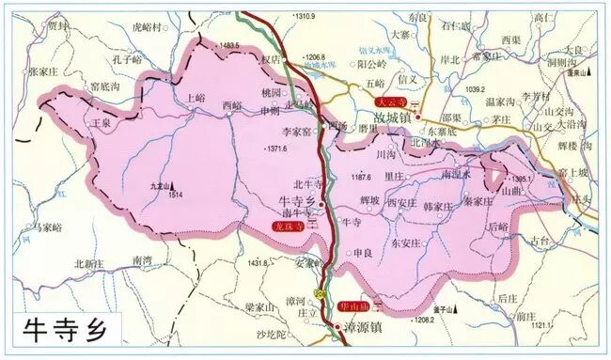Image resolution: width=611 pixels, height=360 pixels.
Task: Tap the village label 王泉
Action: [101, 123]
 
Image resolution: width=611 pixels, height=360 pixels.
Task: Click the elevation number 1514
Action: [175, 196]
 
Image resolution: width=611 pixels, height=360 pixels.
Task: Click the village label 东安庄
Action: [406, 242]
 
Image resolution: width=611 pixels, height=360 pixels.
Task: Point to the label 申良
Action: [364, 254]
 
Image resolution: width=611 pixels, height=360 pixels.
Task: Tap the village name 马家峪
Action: [45, 227]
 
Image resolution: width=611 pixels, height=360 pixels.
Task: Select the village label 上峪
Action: [196, 97]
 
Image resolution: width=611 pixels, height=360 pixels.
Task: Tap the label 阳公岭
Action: [372, 64]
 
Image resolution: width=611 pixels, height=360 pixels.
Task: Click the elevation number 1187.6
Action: [362, 176]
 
